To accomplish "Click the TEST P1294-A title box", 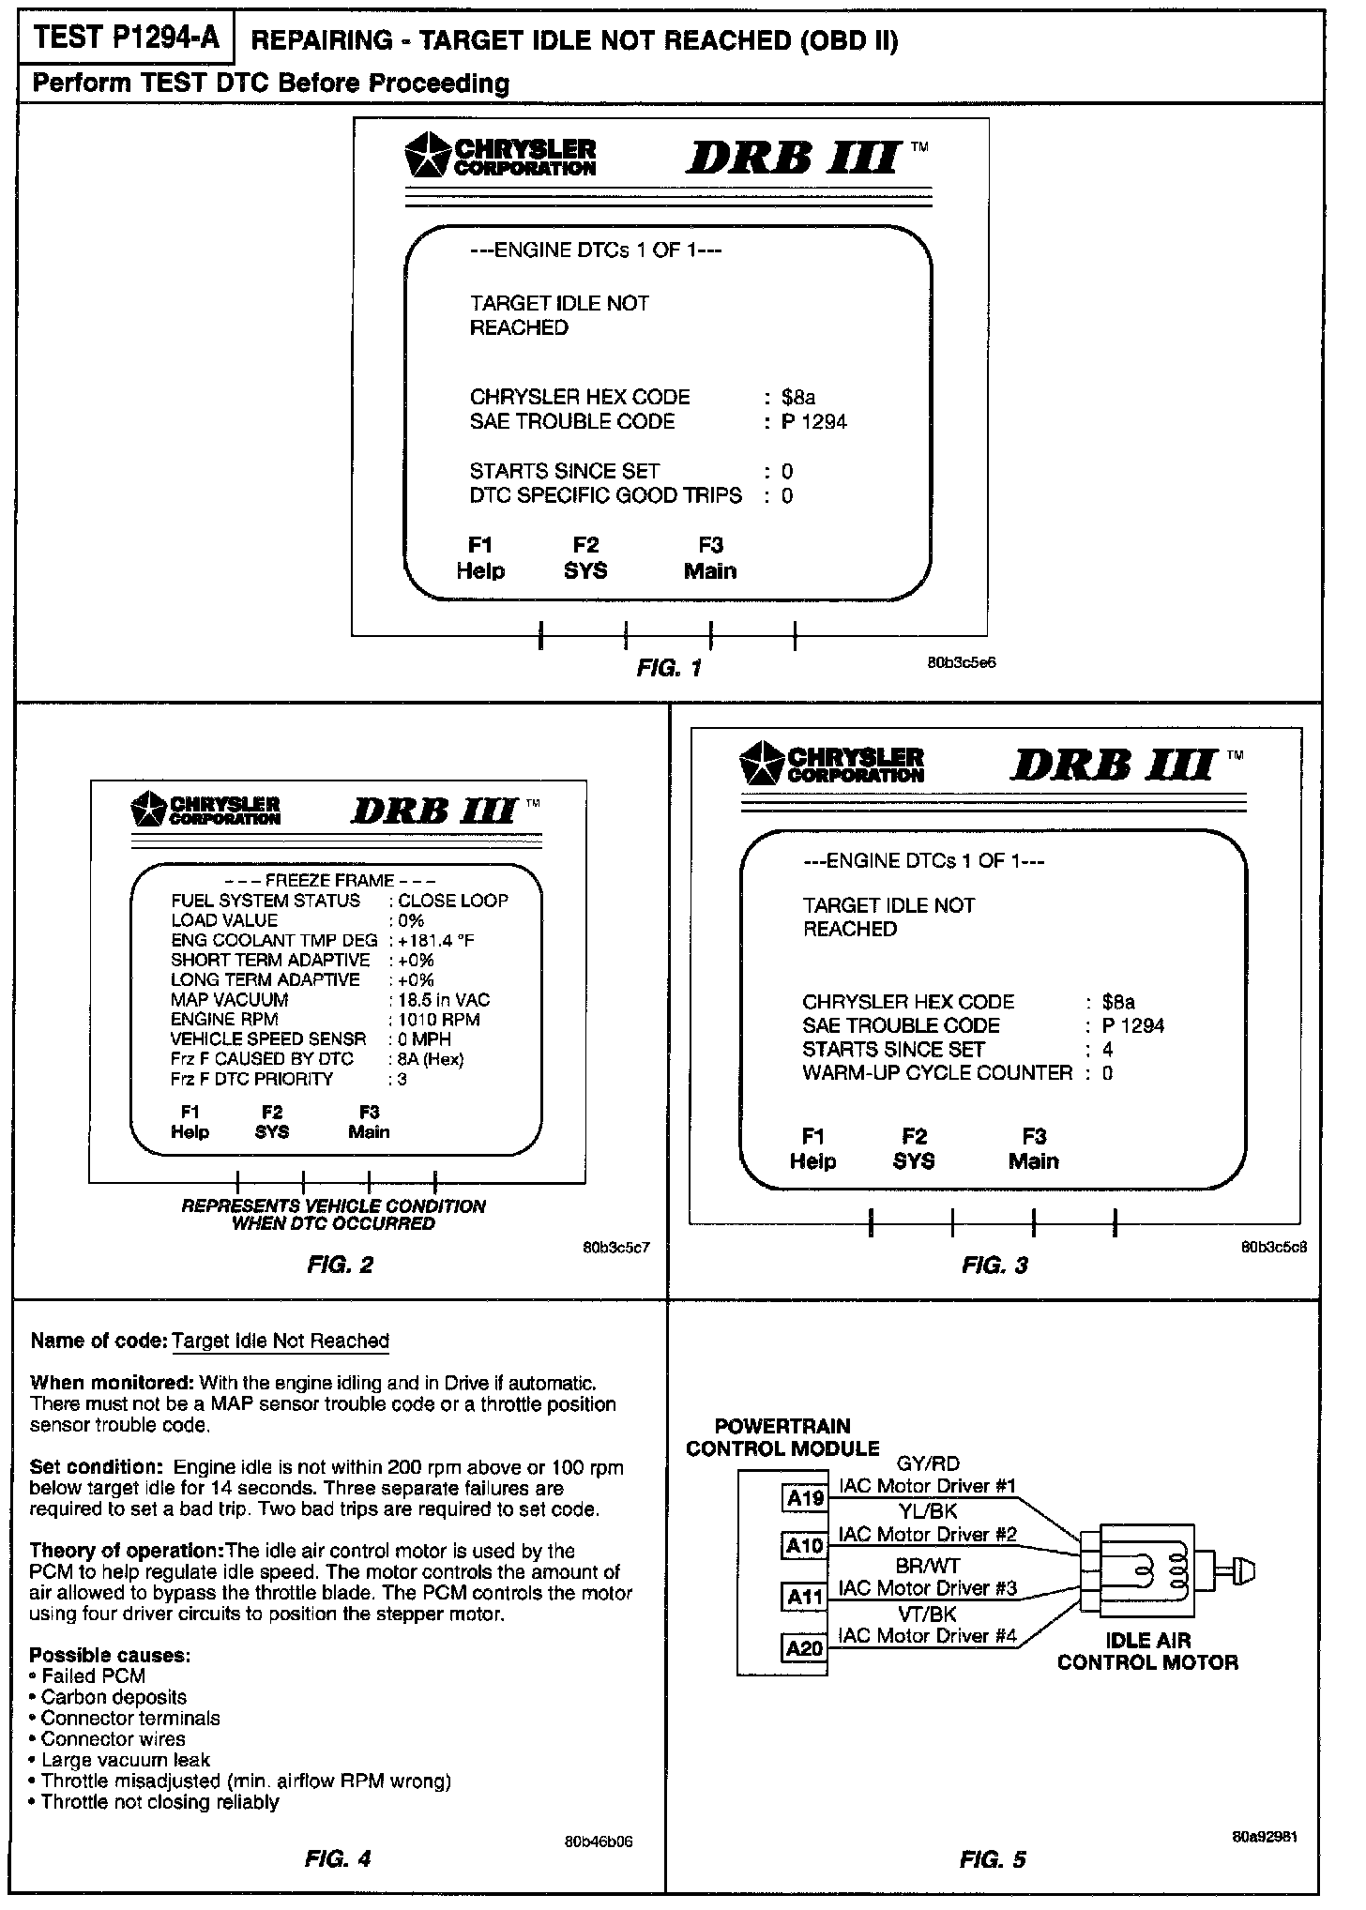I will click(127, 39).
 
